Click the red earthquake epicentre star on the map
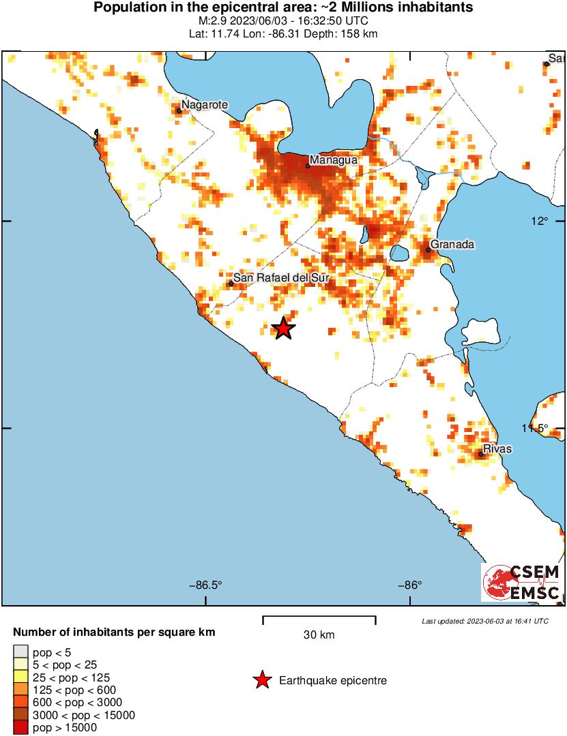tap(283, 329)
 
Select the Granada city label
tap(452, 245)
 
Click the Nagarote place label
tap(205, 104)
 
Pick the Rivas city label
tap(497, 449)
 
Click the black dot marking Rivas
tap(481, 454)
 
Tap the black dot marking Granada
tap(428, 250)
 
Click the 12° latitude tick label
tap(540, 221)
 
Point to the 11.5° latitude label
tap(536, 428)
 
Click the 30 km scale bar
tap(319, 619)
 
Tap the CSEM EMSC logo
tap(522, 582)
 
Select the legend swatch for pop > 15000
tap(20, 728)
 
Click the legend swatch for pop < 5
tap(20, 652)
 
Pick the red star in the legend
tap(261, 680)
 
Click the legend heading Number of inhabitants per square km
tap(114, 632)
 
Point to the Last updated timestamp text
tap(484, 621)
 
